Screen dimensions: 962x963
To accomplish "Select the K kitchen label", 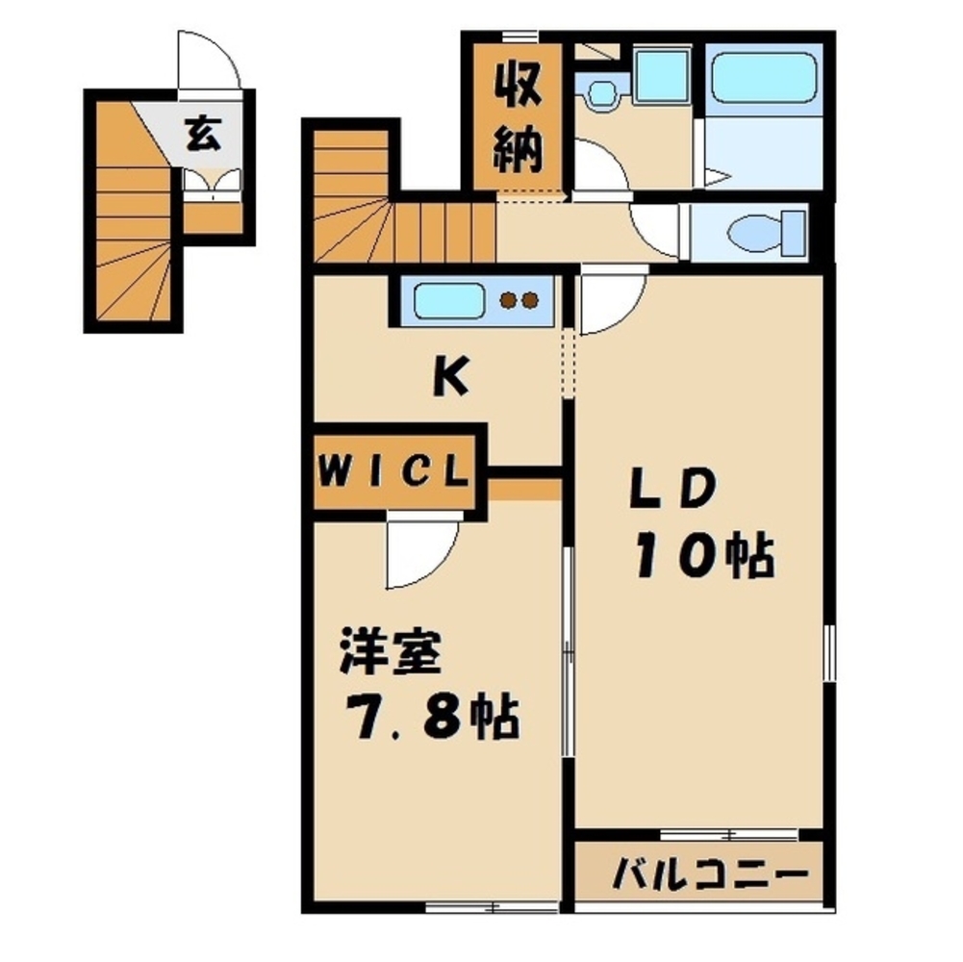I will tap(449, 379).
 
